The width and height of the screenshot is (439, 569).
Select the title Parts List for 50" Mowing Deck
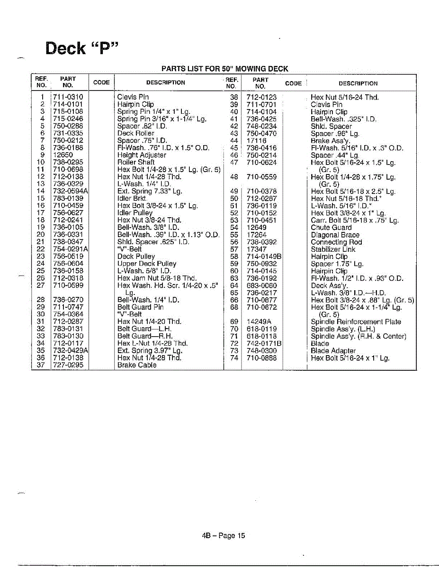[x=224, y=69]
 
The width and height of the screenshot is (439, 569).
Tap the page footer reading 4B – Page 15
[x=224, y=536]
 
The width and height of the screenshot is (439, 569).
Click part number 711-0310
[x=68, y=97]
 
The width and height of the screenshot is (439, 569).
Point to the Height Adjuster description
[x=142, y=155]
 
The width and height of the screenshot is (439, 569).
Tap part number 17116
[x=257, y=141]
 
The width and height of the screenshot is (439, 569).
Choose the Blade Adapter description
[x=333, y=351]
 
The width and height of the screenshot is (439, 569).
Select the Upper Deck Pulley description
[x=147, y=264]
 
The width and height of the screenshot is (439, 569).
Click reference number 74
[x=234, y=358]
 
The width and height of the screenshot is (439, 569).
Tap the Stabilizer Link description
[x=332, y=249]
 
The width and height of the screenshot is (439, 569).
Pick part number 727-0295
[x=68, y=365]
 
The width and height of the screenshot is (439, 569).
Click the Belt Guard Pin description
[x=140, y=307]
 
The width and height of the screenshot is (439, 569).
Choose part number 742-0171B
[x=264, y=343]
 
